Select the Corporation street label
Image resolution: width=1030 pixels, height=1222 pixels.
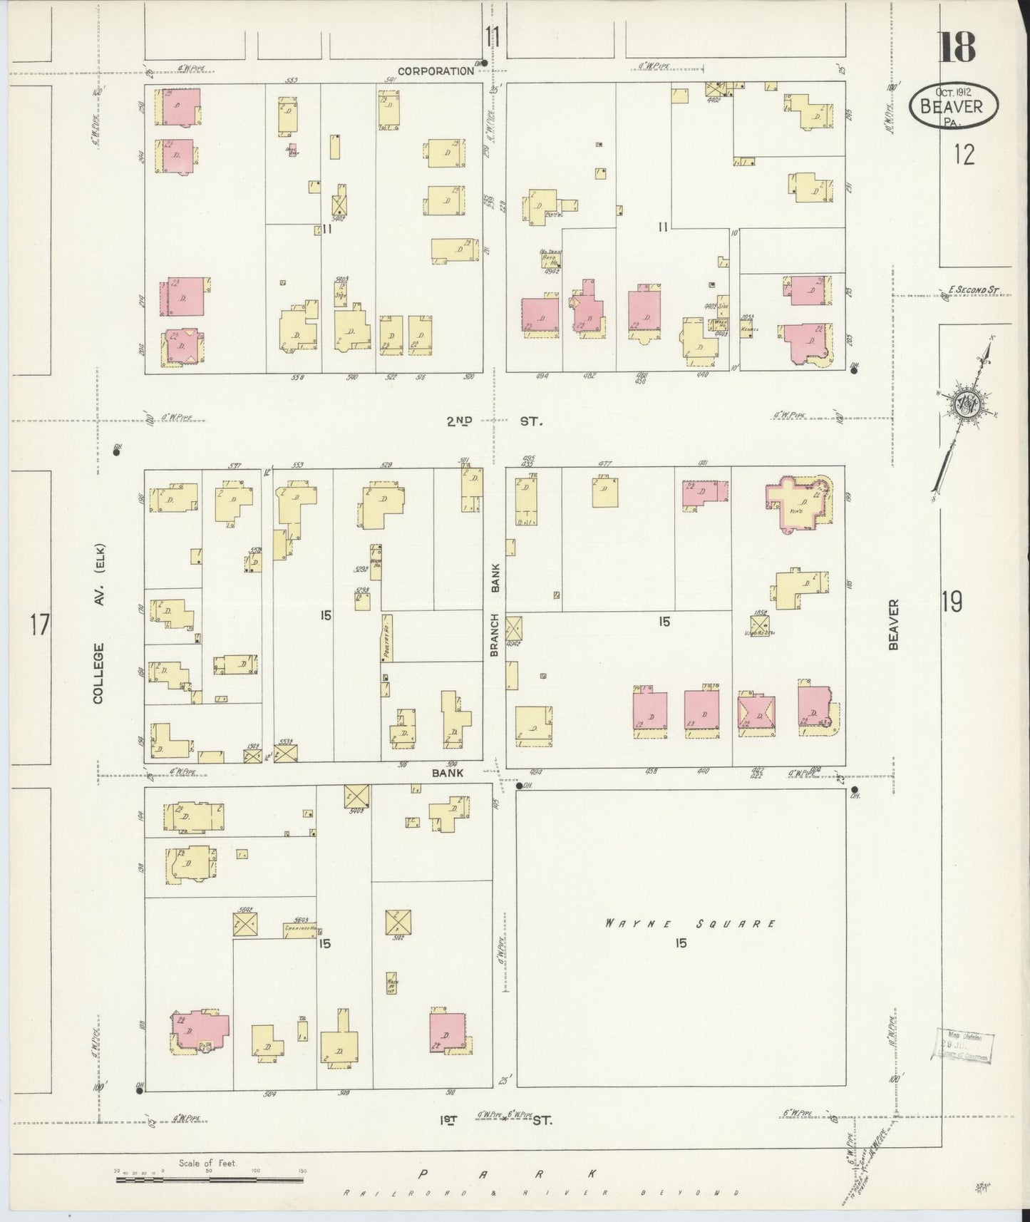click(436, 71)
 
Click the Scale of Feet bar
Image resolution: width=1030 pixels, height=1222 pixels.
click(210, 1179)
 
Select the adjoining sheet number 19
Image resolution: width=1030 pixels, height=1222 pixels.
click(952, 603)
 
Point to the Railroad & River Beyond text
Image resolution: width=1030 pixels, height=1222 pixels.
click(540, 1193)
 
